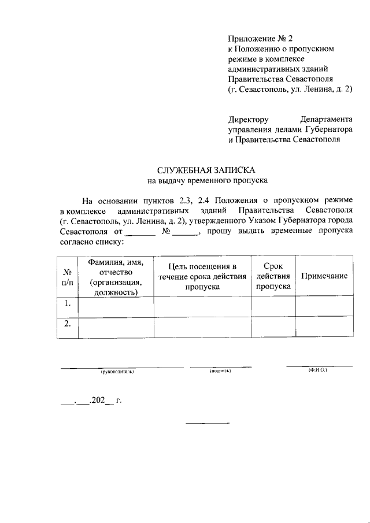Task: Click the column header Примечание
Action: pyautogui.click(x=324, y=276)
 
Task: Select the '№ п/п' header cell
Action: pyautogui.click(x=68, y=276)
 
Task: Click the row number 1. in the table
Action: pyautogui.click(x=68, y=303)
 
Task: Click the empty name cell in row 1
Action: pyautogui.click(x=116, y=306)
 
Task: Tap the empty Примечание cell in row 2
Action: pyautogui.click(x=324, y=328)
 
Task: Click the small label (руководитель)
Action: pyautogui.click(x=117, y=371)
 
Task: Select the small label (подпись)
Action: pyautogui.click(x=220, y=370)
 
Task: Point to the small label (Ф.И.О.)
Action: pyautogui.click(x=319, y=370)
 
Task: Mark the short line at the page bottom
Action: pyautogui.click(x=207, y=423)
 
